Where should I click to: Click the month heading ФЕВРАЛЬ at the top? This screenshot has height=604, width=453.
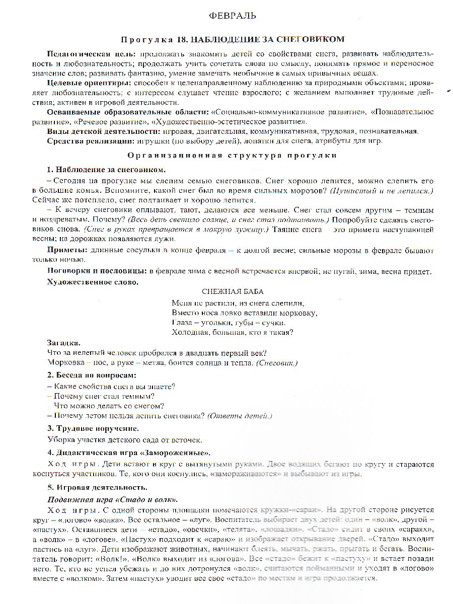point(232,16)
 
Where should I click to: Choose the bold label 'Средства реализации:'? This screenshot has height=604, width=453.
point(88,140)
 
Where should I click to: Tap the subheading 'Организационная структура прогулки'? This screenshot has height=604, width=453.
point(232,156)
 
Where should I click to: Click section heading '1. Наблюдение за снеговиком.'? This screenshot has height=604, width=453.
point(106,169)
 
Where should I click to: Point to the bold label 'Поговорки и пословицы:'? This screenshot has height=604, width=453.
point(96,271)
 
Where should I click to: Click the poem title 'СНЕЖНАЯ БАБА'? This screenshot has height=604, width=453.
point(232,291)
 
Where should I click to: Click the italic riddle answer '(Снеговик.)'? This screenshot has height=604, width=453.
point(277,362)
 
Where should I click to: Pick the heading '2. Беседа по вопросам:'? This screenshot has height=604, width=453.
point(92,375)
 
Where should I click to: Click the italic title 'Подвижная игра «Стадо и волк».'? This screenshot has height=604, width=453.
point(112,500)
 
